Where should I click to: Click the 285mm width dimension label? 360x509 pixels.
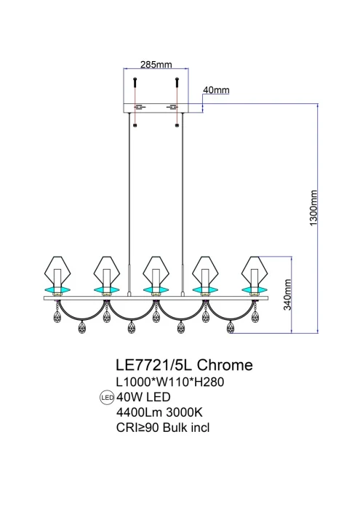click(155, 64)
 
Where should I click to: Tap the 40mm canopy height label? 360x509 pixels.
click(216, 90)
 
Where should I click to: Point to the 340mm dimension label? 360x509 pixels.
click(288, 296)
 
